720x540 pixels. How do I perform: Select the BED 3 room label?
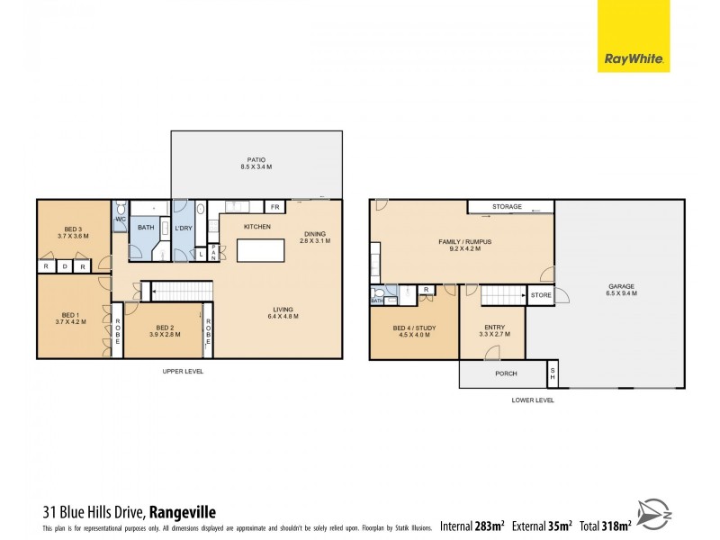[73, 229]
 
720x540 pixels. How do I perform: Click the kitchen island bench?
[261, 249]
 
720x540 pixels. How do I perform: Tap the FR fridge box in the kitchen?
[274, 208]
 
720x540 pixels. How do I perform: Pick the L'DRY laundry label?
[184, 227]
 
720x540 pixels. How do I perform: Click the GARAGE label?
[621, 289]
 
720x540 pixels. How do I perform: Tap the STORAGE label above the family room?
[507, 207]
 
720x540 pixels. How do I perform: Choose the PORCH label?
[506, 373]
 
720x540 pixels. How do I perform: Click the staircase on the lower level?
[502, 294]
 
